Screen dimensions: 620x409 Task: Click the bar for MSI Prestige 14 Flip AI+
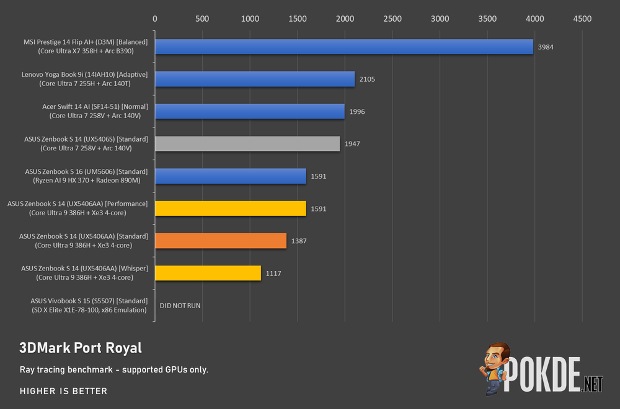click(x=344, y=46)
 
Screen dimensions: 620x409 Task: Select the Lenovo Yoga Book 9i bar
click(x=255, y=79)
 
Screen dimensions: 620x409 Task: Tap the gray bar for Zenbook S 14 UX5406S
click(x=247, y=144)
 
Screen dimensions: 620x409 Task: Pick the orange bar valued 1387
click(x=221, y=241)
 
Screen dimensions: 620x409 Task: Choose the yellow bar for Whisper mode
click(x=208, y=273)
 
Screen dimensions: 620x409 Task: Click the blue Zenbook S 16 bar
click(x=231, y=176)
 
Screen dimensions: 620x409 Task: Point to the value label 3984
click(x=546, y=47)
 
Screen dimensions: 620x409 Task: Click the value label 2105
click(x=367, y=79)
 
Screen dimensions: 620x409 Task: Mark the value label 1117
click(x=273, y=273)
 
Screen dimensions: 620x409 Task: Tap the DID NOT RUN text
click(x=180, y=306)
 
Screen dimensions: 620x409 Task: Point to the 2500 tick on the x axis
click(x=392, y=19)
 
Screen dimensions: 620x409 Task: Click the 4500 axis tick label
click(x=582, y=19)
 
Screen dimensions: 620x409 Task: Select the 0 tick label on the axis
click(x=154, y=19)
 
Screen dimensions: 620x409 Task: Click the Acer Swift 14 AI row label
click(x=95, y=111)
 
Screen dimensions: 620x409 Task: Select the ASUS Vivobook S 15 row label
click(x=89, y=306)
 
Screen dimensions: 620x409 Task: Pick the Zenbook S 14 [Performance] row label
click(x=77, y=209)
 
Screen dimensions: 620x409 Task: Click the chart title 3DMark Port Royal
click(x=81, y=348)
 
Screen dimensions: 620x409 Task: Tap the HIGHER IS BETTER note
click(x=64, y=391)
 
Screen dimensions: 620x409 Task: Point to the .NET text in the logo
click(x=592, y=384)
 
